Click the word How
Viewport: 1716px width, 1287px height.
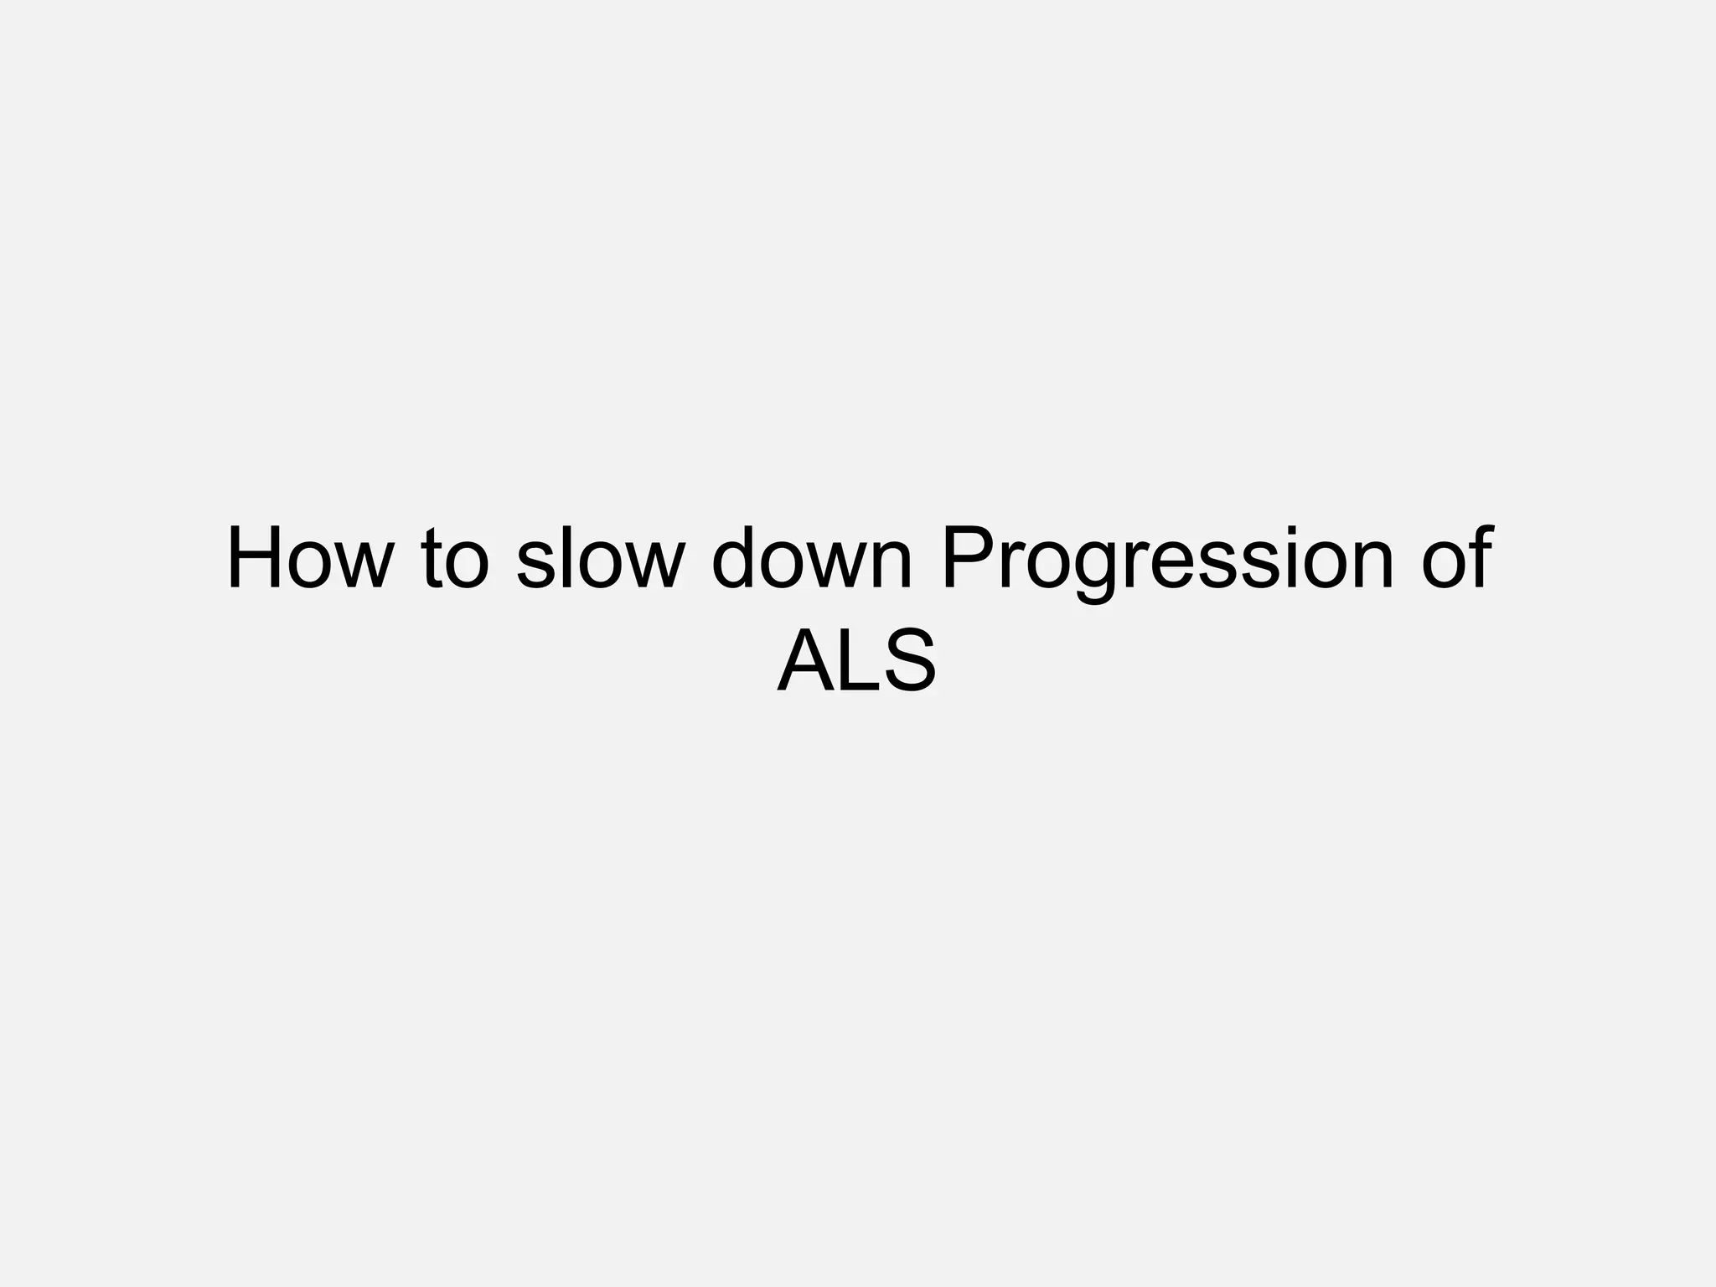pyautogui.click(x=310, y=559)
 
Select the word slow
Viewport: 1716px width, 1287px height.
pyautogui.click(x=600, y=559)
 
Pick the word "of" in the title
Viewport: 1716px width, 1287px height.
pyautogui.click(x=1458, y=559)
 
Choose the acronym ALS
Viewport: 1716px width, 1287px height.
pyautogui.click(x=856, y=662)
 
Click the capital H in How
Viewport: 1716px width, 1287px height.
pyautogui.click(x=255, y=559)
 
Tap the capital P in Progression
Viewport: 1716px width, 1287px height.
pyautogui.click(x=965, y=559)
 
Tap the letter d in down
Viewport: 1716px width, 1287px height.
pyautogui.click(x=737, y=559)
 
